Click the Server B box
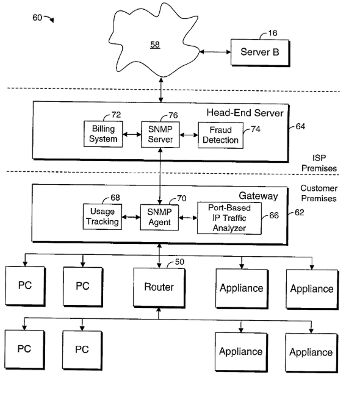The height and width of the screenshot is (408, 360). point(260,52)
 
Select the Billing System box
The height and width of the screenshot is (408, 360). point(103,134)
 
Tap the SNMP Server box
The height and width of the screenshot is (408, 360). point(160,135)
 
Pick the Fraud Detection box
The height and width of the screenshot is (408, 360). point(221,135)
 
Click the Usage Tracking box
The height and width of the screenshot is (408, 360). point(103,217)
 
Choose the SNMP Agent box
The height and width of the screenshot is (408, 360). point(159,218)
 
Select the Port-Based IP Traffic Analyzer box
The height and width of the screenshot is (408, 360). point(229,218)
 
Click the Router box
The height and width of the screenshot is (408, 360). point(159,287)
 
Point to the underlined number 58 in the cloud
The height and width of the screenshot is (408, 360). point(155,45)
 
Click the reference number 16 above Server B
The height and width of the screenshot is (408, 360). point(273,33)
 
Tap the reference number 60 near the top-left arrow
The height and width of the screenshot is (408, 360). point(37,18)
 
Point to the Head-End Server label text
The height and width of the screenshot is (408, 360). point(245,113)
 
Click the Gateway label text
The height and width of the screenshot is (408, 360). point(258,196)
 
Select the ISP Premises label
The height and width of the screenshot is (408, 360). point(319,163)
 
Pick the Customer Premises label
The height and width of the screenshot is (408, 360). point(319,193)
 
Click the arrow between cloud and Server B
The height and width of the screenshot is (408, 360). point(215,52)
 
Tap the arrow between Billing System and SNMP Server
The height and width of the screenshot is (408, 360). point(132,135)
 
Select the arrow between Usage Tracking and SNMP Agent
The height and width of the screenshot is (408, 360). point(131,217)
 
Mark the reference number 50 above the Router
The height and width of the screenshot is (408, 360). point(179,262)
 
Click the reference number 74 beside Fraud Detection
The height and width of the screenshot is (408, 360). point(256,129)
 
